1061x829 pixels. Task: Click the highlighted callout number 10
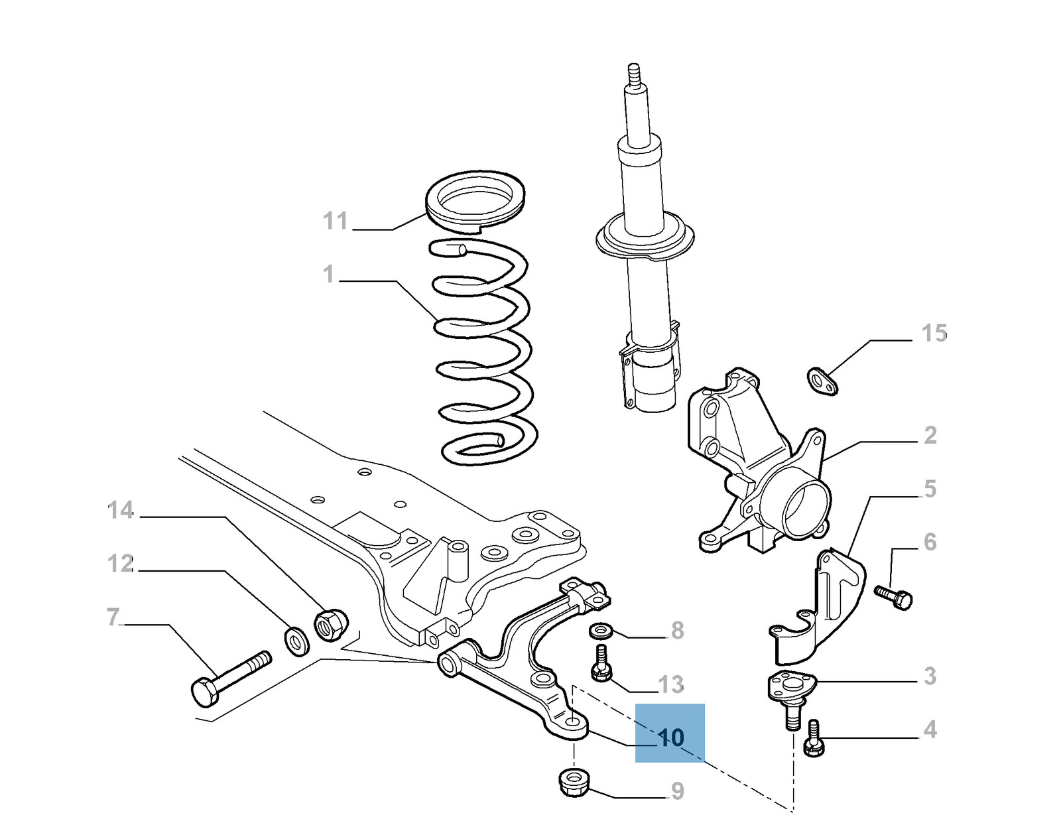[671, 737]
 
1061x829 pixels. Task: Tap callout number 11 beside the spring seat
[336, 220]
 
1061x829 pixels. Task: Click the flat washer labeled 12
[296, 639]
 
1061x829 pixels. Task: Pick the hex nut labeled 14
[329, 623]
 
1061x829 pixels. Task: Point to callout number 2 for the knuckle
[930, 436]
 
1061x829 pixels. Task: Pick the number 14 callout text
[121, 510]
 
